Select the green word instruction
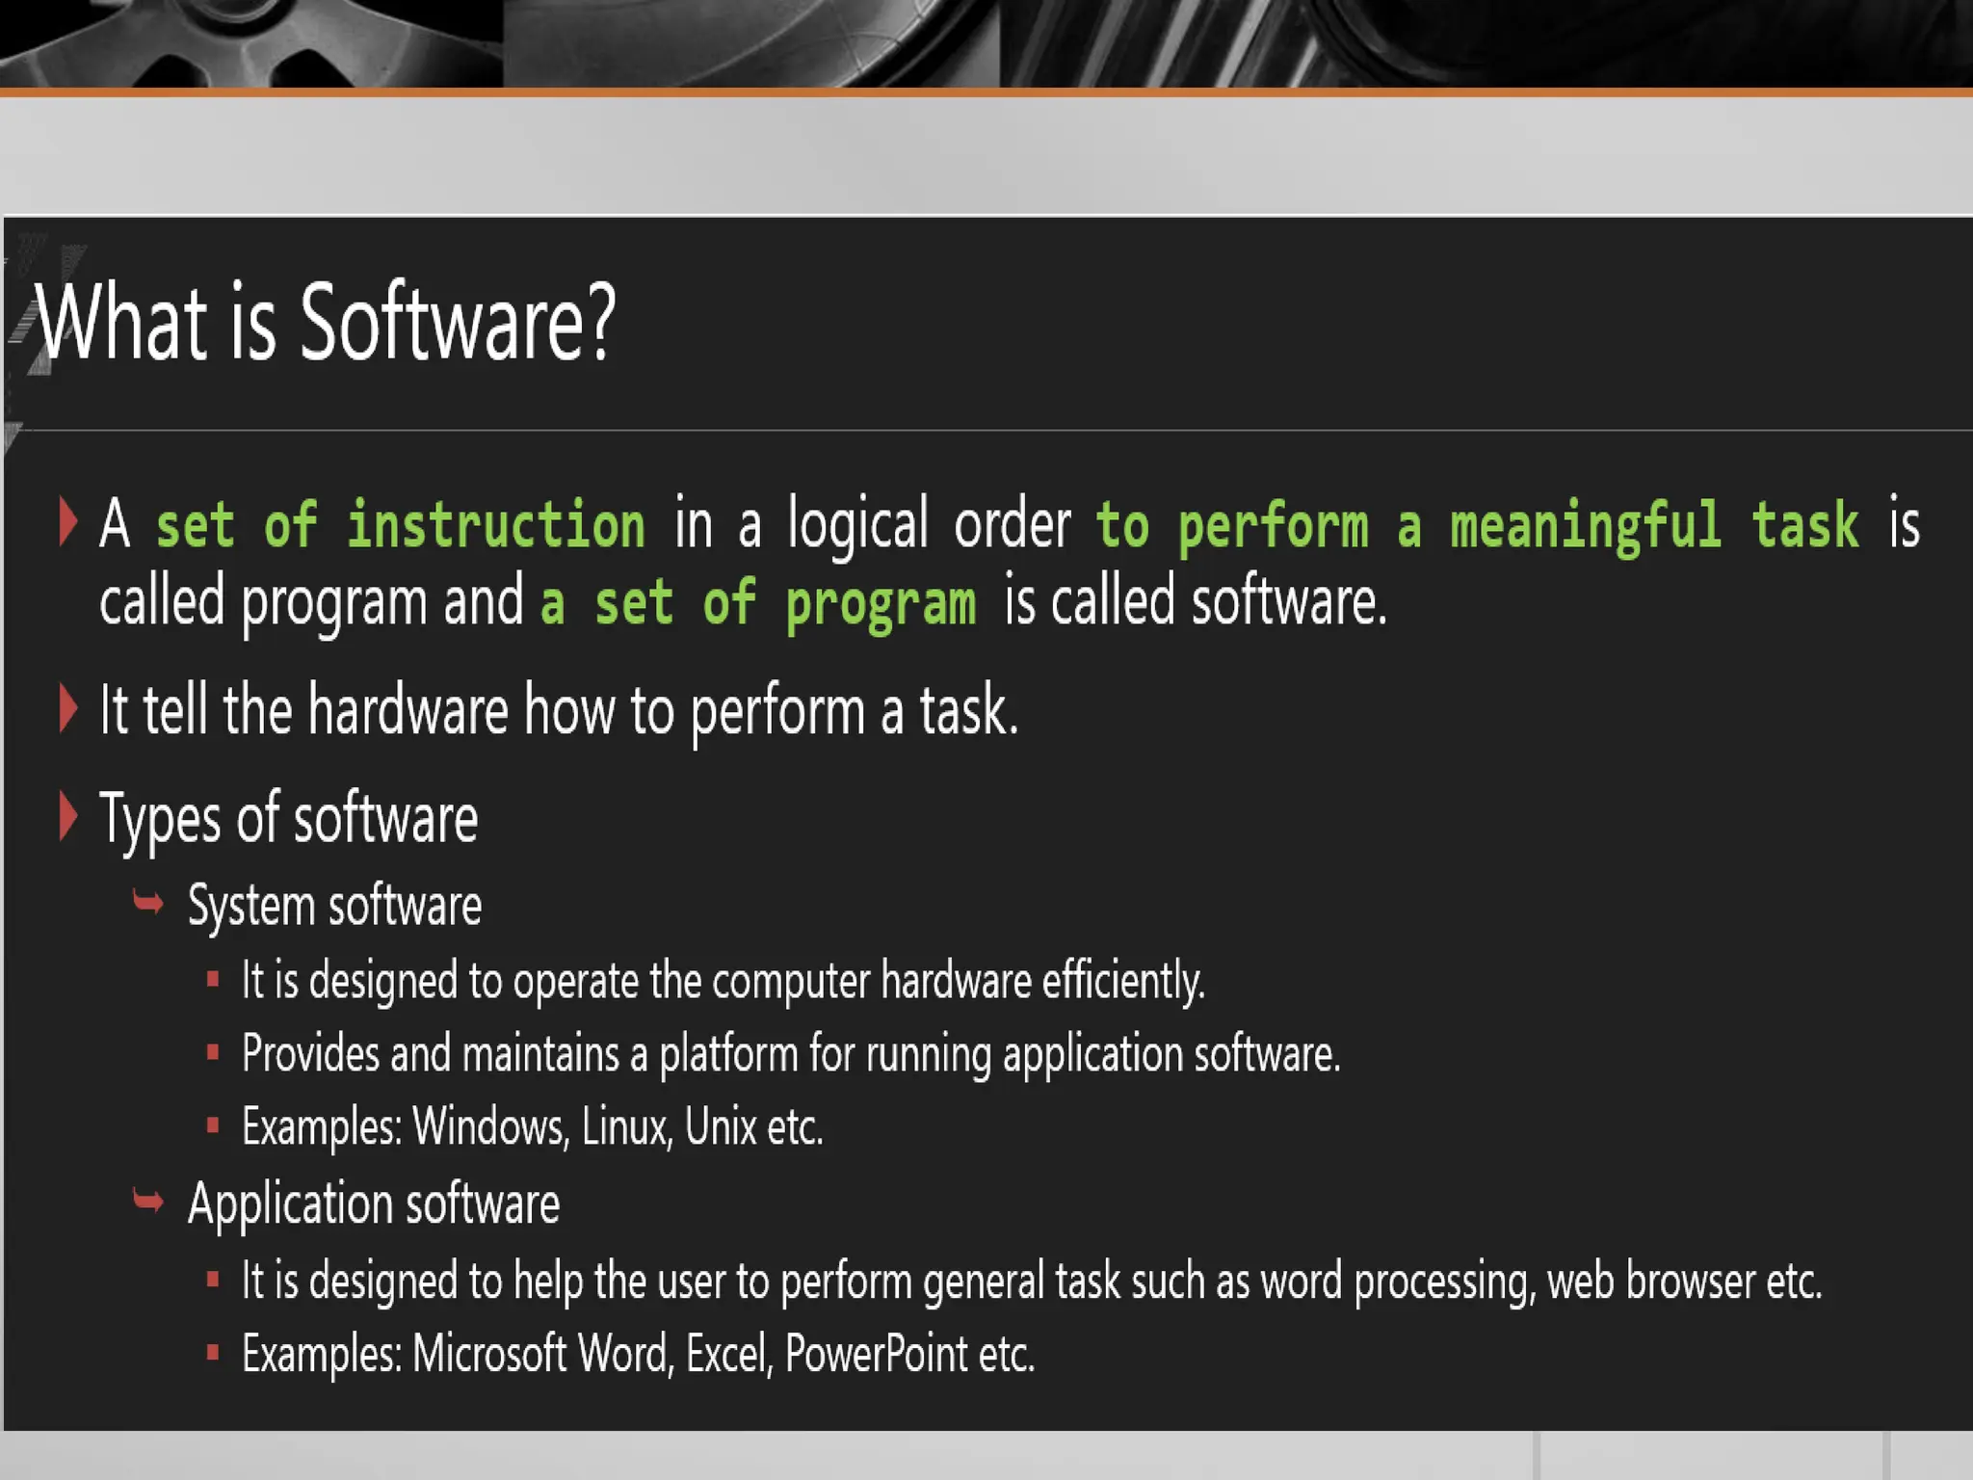pos(496,526)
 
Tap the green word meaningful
pos(1585,526)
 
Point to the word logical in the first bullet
pos(857,526)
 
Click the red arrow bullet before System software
pos(148,903)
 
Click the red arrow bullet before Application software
pos(148,1201)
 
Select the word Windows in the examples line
pos(490,1126)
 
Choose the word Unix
pos(721,1126)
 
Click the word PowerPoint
pos(876,1354)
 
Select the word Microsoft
pos(490,1354)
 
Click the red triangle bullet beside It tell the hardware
pos(67,708)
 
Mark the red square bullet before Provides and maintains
pos(213,1052)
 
